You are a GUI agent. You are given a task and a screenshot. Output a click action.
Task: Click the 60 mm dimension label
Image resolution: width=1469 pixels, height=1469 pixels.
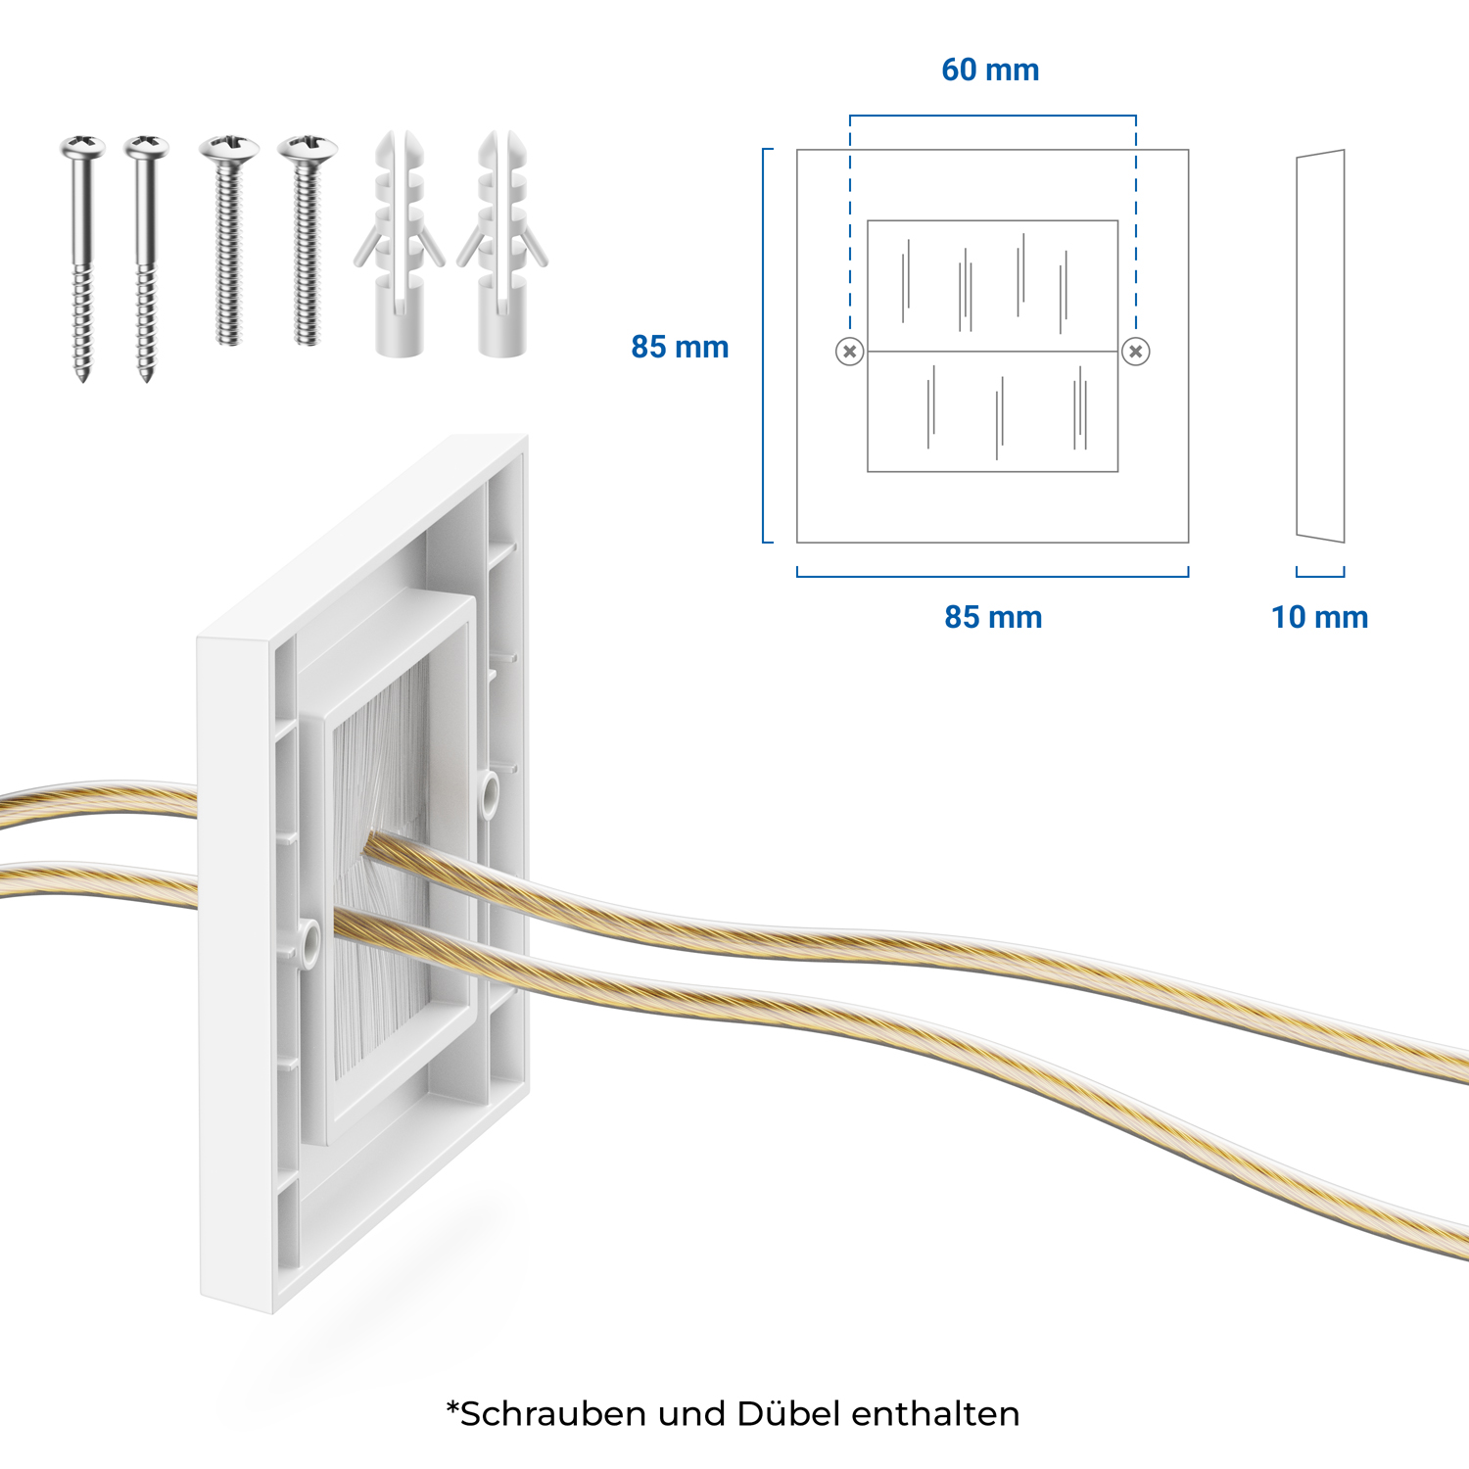tap(990, 70)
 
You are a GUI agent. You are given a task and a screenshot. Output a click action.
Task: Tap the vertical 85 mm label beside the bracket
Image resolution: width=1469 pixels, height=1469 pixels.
tap(680, 347)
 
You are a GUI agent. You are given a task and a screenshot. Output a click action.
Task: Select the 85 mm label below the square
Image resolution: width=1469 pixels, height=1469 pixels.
tap(993, 617)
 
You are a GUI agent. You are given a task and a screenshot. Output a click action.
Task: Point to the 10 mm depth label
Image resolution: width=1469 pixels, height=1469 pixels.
tap(1319, 617)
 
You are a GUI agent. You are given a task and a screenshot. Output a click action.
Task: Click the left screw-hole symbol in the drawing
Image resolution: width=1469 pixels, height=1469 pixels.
tap(850, 352)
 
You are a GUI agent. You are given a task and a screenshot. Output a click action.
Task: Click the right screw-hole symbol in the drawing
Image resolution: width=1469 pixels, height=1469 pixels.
tap(1136, 352)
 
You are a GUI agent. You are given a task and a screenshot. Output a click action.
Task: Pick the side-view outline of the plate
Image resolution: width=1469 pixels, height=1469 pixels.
tap(1320, 346)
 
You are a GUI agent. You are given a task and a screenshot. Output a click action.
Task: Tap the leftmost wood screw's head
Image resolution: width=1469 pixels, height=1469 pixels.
tap(83, 147)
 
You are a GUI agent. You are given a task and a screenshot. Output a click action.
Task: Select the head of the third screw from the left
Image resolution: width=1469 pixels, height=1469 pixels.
tap(229, 148)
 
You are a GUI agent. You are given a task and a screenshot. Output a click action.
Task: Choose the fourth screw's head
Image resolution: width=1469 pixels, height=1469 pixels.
tap(308, 148)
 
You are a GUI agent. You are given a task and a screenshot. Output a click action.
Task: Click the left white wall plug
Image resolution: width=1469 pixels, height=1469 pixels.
tap(400, 244)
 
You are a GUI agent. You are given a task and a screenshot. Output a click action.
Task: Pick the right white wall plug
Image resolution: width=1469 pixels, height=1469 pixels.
tap(502, 244)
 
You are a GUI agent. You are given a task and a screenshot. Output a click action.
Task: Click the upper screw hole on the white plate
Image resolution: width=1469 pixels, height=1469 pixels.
tap(488, 793)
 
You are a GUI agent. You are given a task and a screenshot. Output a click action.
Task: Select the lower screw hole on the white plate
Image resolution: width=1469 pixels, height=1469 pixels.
tap(309, 943)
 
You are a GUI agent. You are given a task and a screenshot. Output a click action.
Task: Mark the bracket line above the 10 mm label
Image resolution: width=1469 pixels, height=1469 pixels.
tap(1320, 574)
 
